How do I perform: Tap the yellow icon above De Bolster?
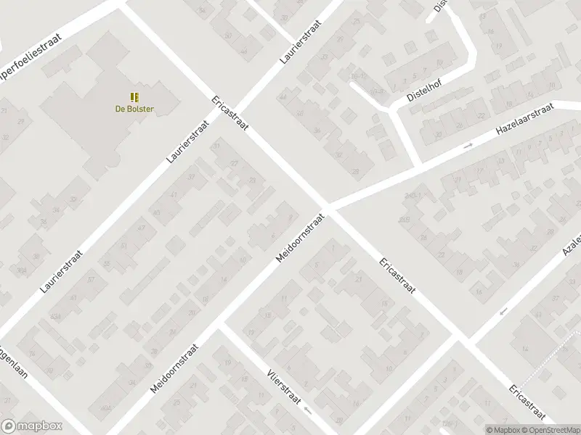(x=134, y=97)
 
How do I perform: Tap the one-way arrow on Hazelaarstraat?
(x=468, y=146)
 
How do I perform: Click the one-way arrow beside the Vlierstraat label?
(x=309, y=410)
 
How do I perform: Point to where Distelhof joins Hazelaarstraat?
(x=420, y=165)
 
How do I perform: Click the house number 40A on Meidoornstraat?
(x=106, y=407)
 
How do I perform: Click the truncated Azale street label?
(x=572, y=246)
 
